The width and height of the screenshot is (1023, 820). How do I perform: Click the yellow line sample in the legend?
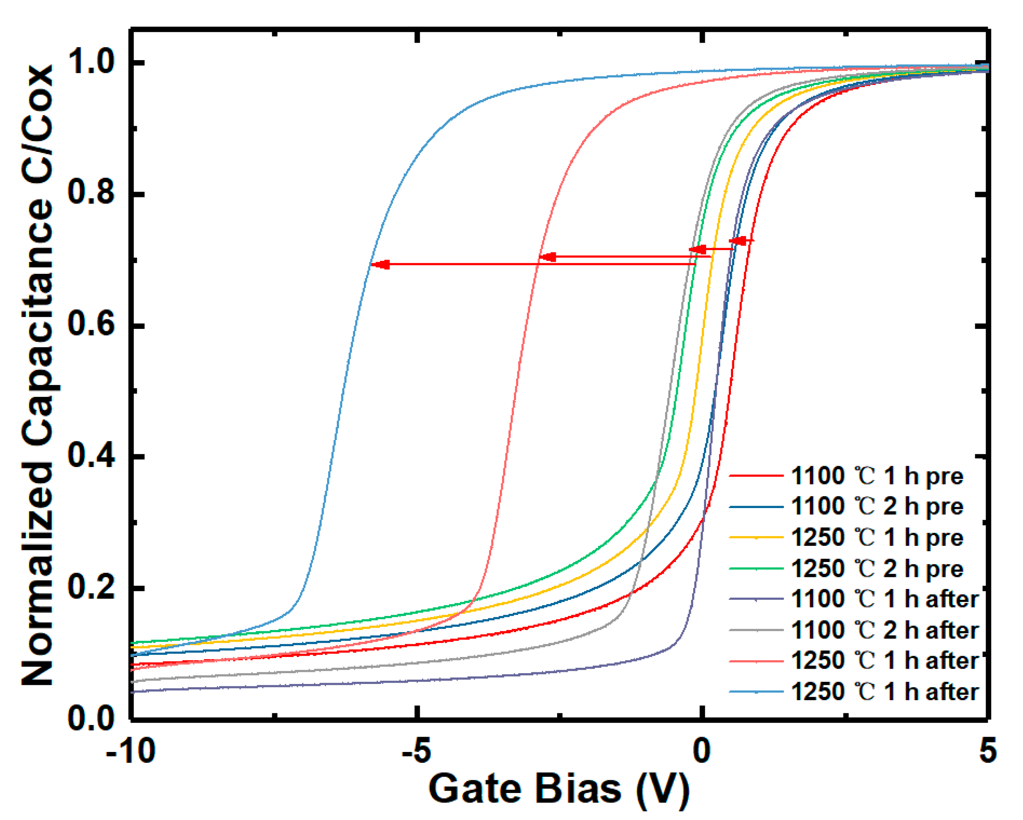click(756, 538)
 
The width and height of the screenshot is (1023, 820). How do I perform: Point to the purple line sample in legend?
click(756, 599)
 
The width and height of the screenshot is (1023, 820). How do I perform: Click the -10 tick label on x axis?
click(131, 751)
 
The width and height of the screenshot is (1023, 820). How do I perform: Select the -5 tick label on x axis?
click(416, 751)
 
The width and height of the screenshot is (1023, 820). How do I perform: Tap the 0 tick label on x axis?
click(701, 751)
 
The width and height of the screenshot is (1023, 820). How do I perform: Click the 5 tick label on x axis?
click(987, 751)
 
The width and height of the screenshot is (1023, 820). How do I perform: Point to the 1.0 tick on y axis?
click(91, 63)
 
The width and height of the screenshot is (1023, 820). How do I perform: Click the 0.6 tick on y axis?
click(91, 326)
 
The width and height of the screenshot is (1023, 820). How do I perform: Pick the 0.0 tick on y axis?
click(91, 719)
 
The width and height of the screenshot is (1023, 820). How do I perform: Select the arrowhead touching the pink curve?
click(548, 257)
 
